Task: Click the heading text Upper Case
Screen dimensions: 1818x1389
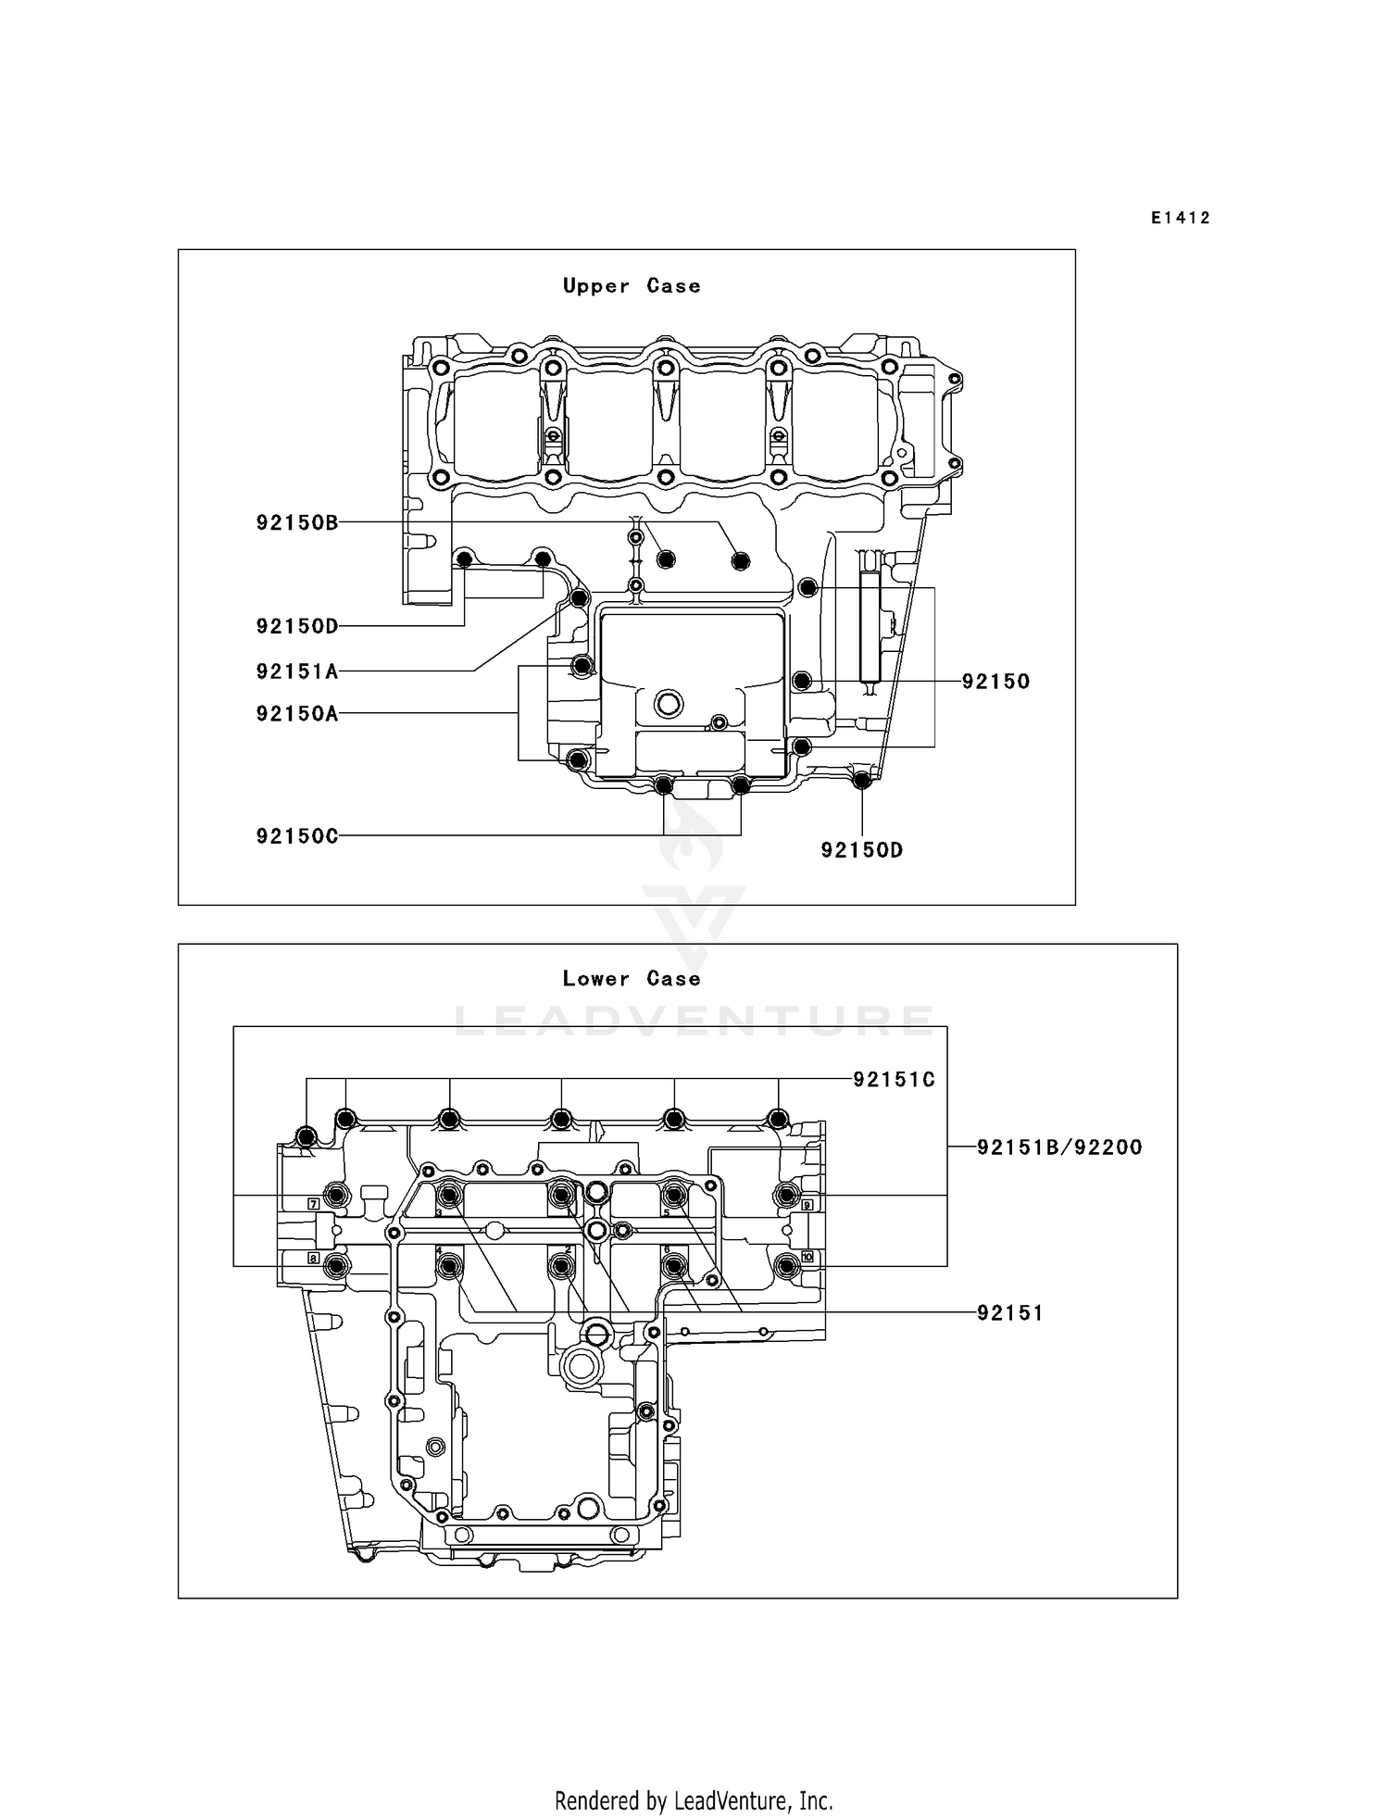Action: click(632, 286)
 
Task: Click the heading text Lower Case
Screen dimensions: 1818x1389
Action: click(632, 979)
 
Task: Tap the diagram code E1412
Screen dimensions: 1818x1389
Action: click(1181, 219)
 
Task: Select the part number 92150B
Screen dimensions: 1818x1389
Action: click(297, 523)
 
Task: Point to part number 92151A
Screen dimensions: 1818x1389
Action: click(297, 671)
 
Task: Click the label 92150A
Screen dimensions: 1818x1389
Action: click(297, 714)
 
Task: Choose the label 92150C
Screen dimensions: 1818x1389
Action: click(297, 836)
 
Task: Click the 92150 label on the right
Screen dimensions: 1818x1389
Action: click(995, 682)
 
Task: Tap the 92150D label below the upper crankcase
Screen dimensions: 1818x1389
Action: click(861, 850)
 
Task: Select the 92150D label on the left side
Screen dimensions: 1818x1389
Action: click(297, 627)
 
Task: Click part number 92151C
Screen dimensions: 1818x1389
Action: click(894, 1080)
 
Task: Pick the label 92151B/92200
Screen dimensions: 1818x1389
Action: click(1059, 1147)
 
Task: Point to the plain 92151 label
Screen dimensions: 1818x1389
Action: click(1010, 1313)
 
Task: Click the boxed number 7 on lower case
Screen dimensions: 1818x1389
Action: click(314, 1204)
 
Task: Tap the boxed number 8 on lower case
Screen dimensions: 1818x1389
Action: click(314, 1259)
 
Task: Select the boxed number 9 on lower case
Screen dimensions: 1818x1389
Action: click(807, 1204)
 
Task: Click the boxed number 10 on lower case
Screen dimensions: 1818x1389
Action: click(807, 1257)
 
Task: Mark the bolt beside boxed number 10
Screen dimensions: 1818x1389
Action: click(787, 1265)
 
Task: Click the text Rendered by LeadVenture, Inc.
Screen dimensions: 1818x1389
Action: click(694, 1801)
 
